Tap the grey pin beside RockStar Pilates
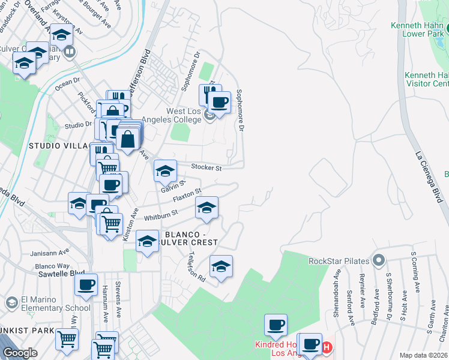point(378,261)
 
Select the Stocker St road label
point(206,167)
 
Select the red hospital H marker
point(327,347)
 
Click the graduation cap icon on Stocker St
point(165,172)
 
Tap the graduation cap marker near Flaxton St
point(206,208)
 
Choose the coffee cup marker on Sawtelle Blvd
point(86,284)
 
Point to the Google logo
point(19,353)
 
